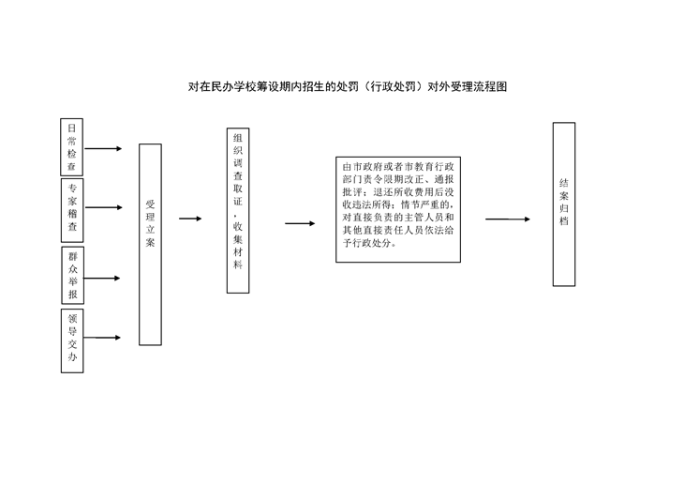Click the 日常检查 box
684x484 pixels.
(x=71, y=146)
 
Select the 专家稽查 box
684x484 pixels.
(x=72, y=210)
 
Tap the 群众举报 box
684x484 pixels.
(x=72, y=275)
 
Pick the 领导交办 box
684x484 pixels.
(x=72, y=341)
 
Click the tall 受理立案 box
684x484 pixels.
(x=150, y=245)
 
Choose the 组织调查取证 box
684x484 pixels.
(x=238, y=210)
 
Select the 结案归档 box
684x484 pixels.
(x=564, y=204)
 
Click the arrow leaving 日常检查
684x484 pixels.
(x=103, y=148)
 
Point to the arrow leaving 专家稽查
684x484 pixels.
(x=103, y=207)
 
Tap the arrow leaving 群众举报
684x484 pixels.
(x=101, y=279)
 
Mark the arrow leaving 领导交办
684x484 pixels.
(x=102, y=338)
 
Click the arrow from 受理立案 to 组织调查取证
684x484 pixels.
(x=190, y=219)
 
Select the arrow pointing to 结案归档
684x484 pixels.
(x=508, y=219)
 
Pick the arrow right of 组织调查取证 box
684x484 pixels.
(x=300, y=223)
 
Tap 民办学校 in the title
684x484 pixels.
(x=234, y=86)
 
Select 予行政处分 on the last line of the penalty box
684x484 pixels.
(x=366, y=243)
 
